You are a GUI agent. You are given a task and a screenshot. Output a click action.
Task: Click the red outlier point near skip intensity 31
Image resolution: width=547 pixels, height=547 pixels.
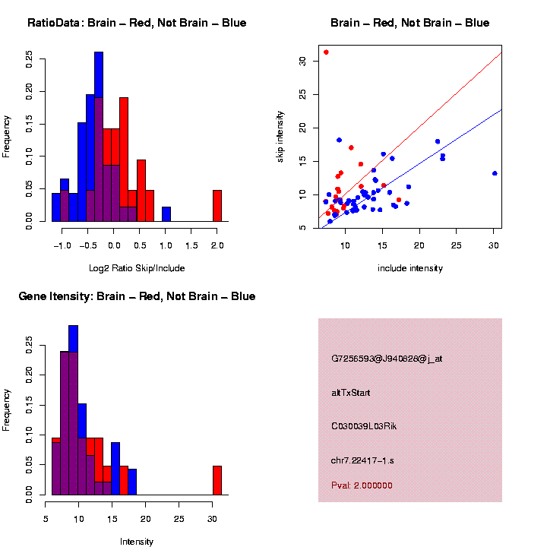click(x=326, y=52)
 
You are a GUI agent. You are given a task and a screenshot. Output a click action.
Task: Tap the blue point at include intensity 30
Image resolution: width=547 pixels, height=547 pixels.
click(x=495, y=173)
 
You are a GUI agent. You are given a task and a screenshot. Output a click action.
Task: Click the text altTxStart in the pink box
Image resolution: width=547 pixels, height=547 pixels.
click(x=351, y=393)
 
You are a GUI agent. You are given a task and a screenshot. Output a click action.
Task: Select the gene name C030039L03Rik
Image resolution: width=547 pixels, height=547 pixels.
click(x=364, y=426)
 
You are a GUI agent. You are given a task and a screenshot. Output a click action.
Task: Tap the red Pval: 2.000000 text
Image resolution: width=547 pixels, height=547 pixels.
click(x=362, y=485)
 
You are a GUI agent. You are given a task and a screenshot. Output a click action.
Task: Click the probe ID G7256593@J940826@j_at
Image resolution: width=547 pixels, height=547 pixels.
click(x=387, y=359)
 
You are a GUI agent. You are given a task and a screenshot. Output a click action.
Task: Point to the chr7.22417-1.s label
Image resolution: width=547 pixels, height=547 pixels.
click(x=362, y=460)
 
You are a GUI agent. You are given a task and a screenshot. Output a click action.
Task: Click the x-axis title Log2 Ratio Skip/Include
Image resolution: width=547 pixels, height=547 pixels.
click(x=137, y=268)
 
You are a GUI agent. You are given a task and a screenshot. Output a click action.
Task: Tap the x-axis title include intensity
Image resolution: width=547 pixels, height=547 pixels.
click(x=409, y=268)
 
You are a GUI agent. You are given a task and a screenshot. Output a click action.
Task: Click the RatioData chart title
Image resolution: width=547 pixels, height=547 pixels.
click(x=137, y=24)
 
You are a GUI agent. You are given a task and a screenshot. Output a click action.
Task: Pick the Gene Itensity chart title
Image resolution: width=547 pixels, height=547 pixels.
click(x=137, y=296)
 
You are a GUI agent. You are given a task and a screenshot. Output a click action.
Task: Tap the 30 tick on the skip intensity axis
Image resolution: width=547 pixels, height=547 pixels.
click(x=302, y=61)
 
